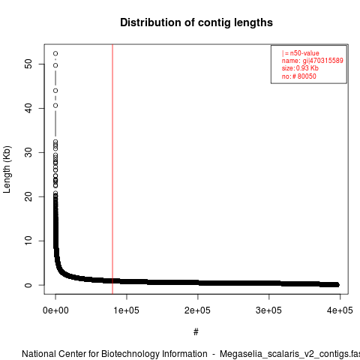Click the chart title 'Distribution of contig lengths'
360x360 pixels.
pos(196,22)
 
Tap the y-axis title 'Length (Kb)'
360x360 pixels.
pos(7,169)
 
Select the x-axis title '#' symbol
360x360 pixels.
pos(196,332)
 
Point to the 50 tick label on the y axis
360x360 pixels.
pos(28,64)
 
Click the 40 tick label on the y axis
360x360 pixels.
pos(28,108)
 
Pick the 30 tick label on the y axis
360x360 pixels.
pos(28,152)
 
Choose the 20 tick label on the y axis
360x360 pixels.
pos(28,196)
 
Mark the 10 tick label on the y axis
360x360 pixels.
pos(28,241)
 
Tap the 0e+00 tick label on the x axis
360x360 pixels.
pos(55,310)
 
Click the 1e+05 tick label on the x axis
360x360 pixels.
pos(127,310)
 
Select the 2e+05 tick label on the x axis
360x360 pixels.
pos(197,310)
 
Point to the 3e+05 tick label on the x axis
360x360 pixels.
pos(268,310)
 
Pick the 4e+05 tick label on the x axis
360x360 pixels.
pos(340,310)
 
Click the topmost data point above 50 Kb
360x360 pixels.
pos(55,53)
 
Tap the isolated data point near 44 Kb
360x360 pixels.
pos(55,91)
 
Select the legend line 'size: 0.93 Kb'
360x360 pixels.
pos(300,68)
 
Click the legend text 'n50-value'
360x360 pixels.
pos(304,53)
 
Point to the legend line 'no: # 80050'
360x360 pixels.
pos(299,76)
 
